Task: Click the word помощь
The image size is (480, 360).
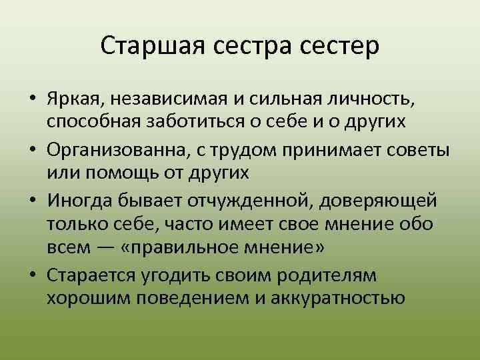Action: click(125, 173)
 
